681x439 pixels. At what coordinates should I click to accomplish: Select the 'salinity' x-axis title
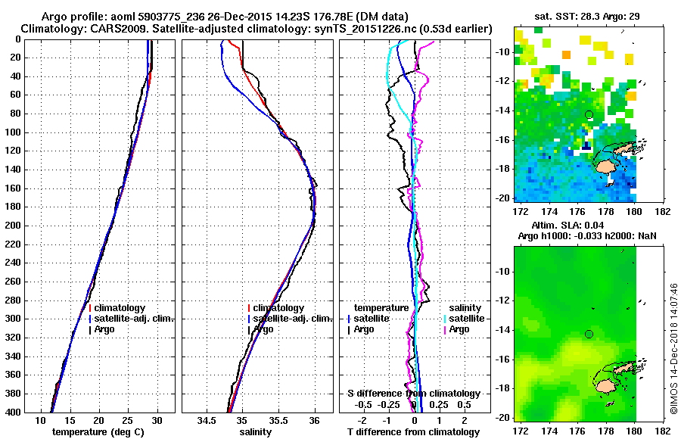pyautogui.click(x=257, y=432)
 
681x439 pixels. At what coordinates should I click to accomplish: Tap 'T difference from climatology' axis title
pyautogui.click(x=414, y=432)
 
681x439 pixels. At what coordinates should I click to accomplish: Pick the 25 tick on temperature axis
pyautogui.click(x=128, y=420)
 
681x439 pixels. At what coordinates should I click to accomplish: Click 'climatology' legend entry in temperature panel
pyautogui.click(x=125, y=308)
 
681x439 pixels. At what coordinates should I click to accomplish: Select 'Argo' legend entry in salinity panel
pyautogui.click(x=263, y=329)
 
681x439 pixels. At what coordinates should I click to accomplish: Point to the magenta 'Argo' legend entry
pyautogui.click(x=459, y=329)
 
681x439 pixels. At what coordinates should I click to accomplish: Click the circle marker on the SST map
pyautogui.click(x=589, y=114)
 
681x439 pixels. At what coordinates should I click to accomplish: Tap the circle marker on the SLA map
pyautogui.click(x=589, y=335)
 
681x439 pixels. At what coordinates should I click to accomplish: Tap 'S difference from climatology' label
pyautogui.click(x=414, y=394)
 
